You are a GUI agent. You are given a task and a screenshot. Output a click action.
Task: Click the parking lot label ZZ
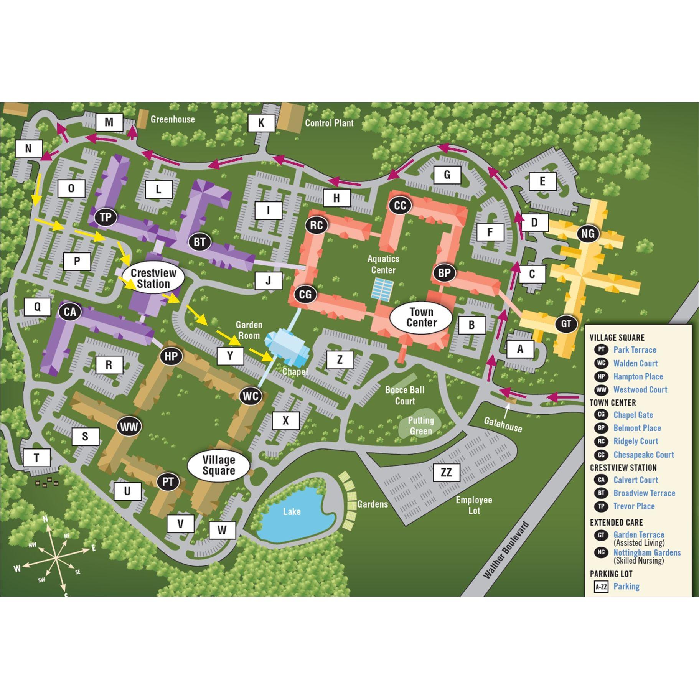click(447, 472)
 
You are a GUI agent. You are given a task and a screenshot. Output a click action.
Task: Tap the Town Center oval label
click(421, 317)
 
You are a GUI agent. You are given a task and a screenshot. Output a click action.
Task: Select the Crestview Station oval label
click(153, 279)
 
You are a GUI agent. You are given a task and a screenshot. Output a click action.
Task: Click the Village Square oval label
click(218, 465)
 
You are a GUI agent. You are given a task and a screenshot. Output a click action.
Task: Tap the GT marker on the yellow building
click(566, 323)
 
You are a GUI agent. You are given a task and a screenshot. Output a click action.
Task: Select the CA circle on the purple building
click(70, 312)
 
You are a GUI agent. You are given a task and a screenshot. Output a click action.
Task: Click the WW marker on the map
click(129, 427)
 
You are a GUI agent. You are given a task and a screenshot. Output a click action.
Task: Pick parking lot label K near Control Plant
click(261, 123)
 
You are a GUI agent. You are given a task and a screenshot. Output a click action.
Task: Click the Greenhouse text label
click(173, 119)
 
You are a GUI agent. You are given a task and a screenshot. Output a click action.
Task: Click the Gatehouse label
click(503, 424)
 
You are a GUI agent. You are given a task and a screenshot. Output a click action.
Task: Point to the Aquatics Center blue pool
click(382, 289)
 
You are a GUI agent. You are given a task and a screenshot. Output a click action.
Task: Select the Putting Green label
click(421, 425)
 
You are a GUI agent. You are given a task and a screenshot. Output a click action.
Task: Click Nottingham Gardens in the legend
click(647, 552)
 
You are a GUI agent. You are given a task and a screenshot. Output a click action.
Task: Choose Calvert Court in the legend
click(635, 480)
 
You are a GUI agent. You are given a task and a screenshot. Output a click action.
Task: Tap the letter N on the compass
click(45, 519)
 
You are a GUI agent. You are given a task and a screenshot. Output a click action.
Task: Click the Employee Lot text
click(474, 505)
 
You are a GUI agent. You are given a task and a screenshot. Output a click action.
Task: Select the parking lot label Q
click(37, 307)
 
